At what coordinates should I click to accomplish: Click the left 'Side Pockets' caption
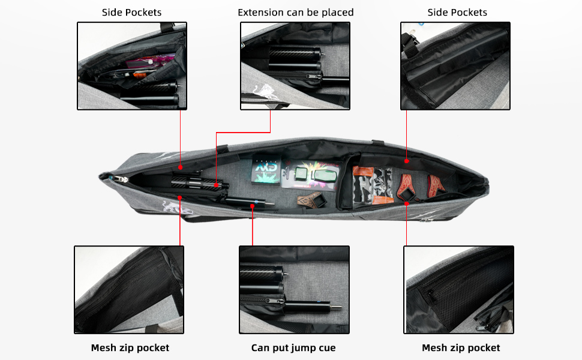[131, 12]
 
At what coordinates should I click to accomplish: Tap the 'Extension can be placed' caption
[295, 12]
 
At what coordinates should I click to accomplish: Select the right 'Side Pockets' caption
[457, 12]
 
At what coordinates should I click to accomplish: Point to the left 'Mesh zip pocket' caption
[130, 348]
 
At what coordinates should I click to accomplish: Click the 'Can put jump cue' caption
[293, 348]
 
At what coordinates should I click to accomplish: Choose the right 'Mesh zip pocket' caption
[460, 348]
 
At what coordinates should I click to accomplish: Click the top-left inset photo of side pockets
[132, 66]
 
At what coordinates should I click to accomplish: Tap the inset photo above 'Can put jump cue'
[294, 289]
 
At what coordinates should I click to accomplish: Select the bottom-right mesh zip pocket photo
[458, 289]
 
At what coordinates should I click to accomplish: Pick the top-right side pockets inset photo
[455, 66]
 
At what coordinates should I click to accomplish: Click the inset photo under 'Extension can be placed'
[295, 66]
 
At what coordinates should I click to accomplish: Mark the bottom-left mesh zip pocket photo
[129, 289]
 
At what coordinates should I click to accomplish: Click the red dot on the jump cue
[253, 206]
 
